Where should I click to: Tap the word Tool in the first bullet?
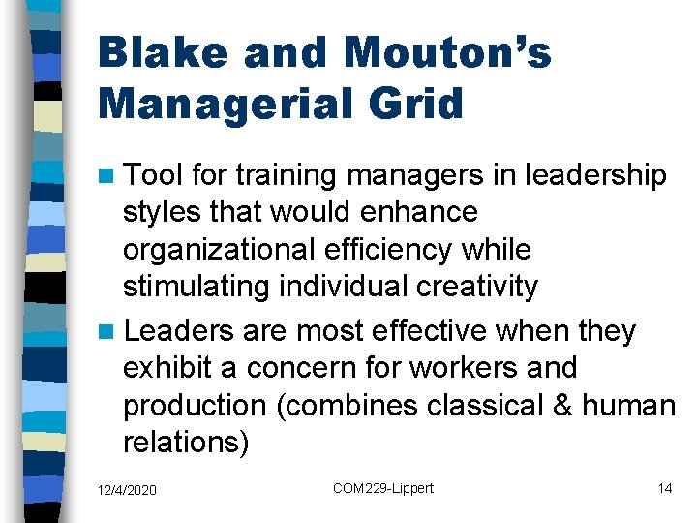154,175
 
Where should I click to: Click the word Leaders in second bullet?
179,331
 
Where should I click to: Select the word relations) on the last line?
186,443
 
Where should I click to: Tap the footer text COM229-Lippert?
383,489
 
